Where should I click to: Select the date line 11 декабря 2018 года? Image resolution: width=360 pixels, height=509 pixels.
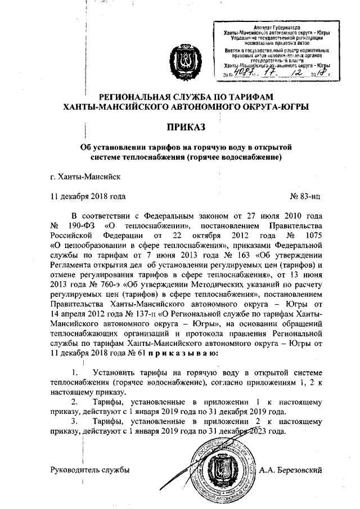tap(84, 196)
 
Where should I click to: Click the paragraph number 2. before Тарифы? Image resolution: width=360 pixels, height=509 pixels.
tap(74, 402)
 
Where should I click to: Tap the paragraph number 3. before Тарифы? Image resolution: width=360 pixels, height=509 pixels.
tap(74, 421)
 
